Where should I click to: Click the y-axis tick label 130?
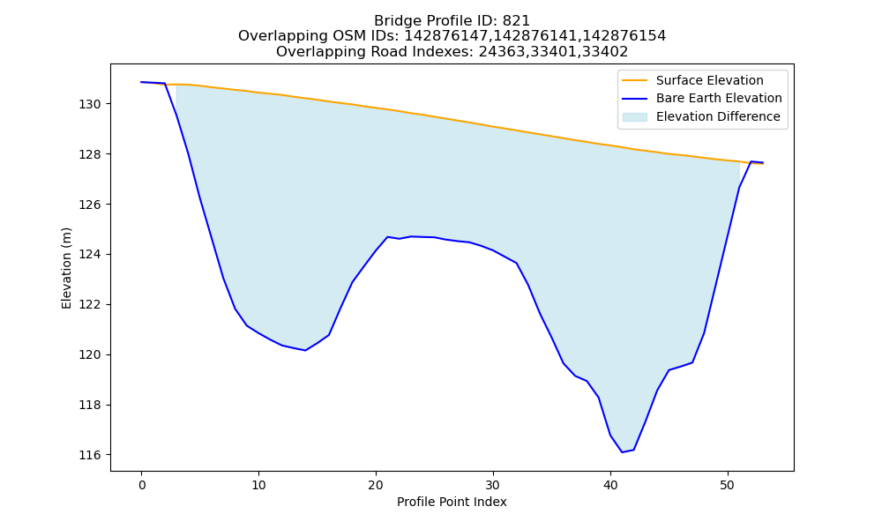[89, 105]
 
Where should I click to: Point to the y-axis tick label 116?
[89, 455]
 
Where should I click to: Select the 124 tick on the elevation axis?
[89, 255]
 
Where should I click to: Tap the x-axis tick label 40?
[610, 485]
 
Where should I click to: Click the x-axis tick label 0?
[142, 485]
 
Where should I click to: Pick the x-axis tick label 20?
[376, 485]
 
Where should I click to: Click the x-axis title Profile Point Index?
[452, 502]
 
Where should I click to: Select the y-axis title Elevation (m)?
[66, 268]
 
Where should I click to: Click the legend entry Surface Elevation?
[709, 80]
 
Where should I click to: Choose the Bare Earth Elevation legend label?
[719, 99]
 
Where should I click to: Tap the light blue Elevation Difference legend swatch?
[634, 117]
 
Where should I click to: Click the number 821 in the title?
[516, 21]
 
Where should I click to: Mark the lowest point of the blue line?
[622, 452]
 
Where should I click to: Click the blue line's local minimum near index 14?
[305, 350]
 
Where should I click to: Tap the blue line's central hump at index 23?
[411, 236]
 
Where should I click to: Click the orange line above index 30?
[493, 126]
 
